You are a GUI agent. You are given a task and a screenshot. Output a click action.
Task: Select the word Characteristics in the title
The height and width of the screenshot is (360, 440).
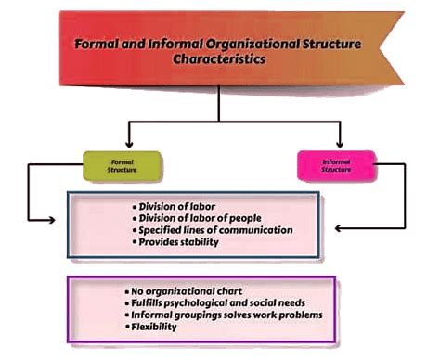pos(219,58)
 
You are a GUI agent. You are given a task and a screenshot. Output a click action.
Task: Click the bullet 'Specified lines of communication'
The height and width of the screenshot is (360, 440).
pos(212,230)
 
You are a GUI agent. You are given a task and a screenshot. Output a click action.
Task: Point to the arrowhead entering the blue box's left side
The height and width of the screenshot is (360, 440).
pos(60,221)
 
